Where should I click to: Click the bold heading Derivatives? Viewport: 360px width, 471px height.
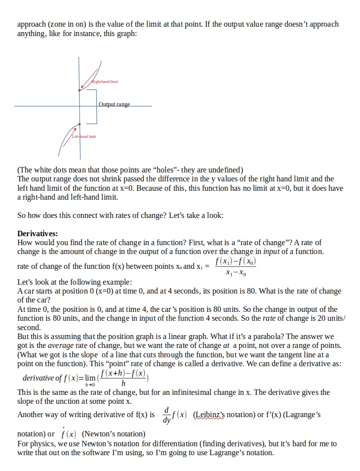pyautogui.click(x=38, y=233)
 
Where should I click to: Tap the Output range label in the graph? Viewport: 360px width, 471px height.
pyautogui.click(x=114, y=105)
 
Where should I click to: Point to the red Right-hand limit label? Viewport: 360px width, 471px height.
pyautogui.click(x=104, y=81)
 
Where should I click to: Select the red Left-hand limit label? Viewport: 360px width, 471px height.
pyautogui.click(x=84, y=136)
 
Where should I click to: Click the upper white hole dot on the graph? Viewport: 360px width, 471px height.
pyautogui.click(x=80, y=90)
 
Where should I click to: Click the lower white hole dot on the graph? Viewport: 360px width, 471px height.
pyautogui.click(x=80, y=125)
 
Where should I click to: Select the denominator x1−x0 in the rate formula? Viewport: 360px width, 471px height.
pyautogui.click(x=236, y=273)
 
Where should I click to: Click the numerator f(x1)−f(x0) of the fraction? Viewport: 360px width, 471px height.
pyautogui.click(x=236, y=261)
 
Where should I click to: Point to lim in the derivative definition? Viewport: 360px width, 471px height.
pyautogui.click(x=89, y=378)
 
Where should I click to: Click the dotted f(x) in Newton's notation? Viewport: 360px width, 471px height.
pyautogui.click(x=69, y=434)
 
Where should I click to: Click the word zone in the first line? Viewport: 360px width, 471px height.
pyautogui.click(x=59, y=24)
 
